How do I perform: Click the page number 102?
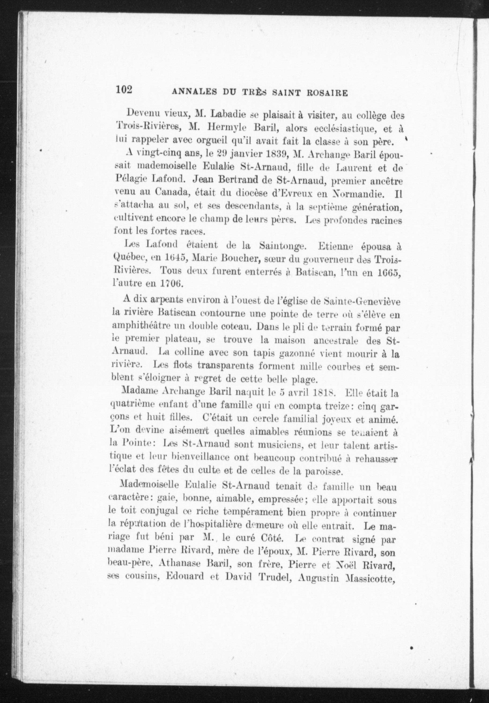click(x=124, y=90)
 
